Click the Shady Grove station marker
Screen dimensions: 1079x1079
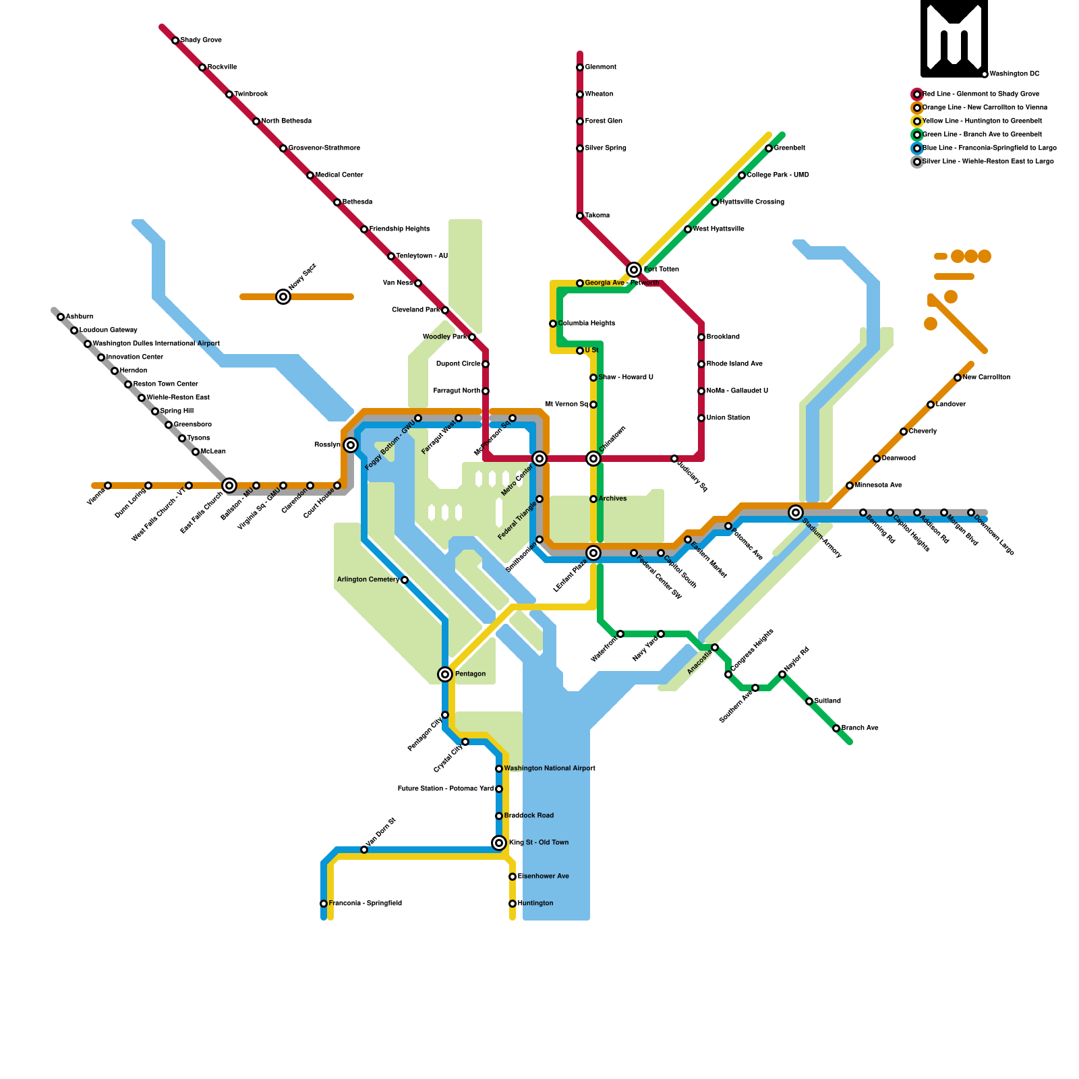175,40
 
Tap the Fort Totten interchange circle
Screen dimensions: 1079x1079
634,270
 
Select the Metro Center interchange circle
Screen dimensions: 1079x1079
539,459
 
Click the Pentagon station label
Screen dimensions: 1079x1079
470,674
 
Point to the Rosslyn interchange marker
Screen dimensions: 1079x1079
351,445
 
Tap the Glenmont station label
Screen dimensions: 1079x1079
600,67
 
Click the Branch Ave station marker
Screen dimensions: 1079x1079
836,728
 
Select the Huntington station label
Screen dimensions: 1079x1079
535,904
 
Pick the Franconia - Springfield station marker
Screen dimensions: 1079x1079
324,904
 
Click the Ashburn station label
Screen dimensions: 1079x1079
80,317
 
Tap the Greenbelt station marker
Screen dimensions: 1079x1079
769,148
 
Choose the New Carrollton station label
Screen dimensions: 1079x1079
987,378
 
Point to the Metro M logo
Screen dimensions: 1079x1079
954,38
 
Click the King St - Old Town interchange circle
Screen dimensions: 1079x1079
499,843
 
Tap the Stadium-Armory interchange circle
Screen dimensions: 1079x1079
796,513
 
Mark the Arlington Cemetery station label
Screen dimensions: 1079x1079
368,580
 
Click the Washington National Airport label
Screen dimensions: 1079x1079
550,769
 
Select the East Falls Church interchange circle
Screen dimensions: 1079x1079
229,486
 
